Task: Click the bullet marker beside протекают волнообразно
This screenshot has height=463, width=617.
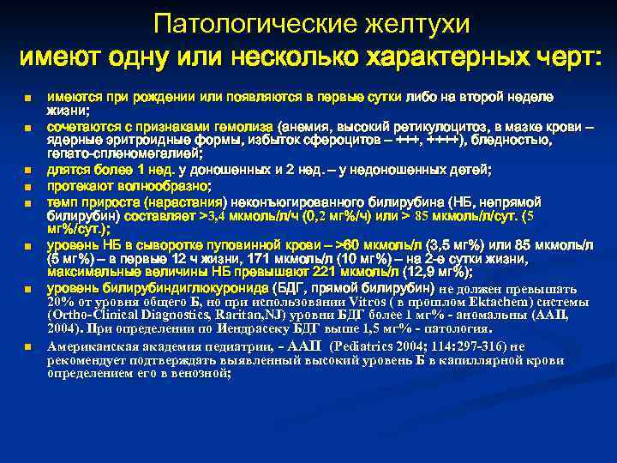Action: (x=28, y=186)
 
